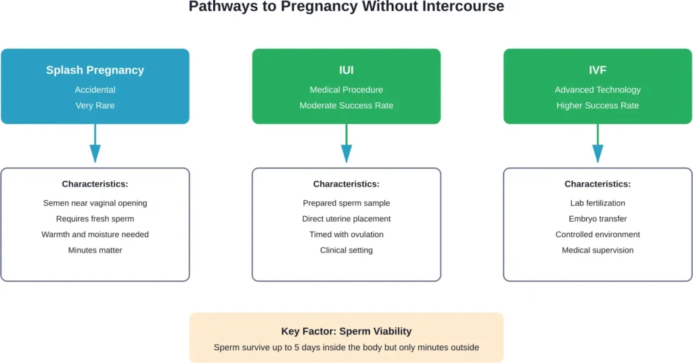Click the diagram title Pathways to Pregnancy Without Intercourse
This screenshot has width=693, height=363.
[346, 7]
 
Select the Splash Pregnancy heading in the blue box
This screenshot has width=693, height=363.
[95, 70]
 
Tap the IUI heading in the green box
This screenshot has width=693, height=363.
[346, 70]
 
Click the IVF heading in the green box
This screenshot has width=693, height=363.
[598, 70]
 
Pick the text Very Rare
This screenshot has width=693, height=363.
[95, 106]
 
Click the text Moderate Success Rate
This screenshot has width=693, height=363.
[346, 106]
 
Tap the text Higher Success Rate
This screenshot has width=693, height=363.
[598, 106]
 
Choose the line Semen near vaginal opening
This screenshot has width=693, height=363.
[95, 203]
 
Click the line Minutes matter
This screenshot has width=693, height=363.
[95, 250]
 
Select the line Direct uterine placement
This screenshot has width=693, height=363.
[346, 219]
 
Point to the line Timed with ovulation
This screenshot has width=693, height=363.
[346, 234]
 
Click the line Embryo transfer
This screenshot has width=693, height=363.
[598, 219]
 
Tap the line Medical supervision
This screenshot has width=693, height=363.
[598, 250]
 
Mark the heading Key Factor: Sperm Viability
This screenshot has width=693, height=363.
[346, 331]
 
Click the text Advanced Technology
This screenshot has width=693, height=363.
[598, 89]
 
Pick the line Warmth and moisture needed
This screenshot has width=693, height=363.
[95, 234]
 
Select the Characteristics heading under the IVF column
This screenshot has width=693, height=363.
[598, 184]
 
